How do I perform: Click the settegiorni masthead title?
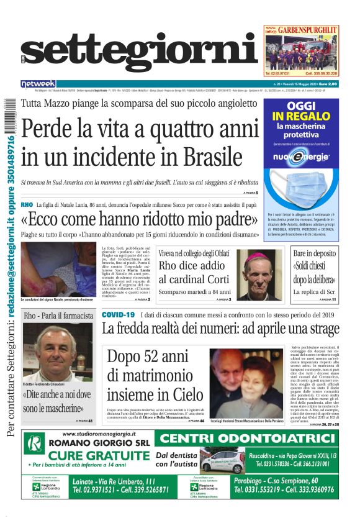point(140,55)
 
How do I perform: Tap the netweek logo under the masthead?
point(38,84)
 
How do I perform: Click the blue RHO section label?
point(27,204)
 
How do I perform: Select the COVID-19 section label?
point(118,315)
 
